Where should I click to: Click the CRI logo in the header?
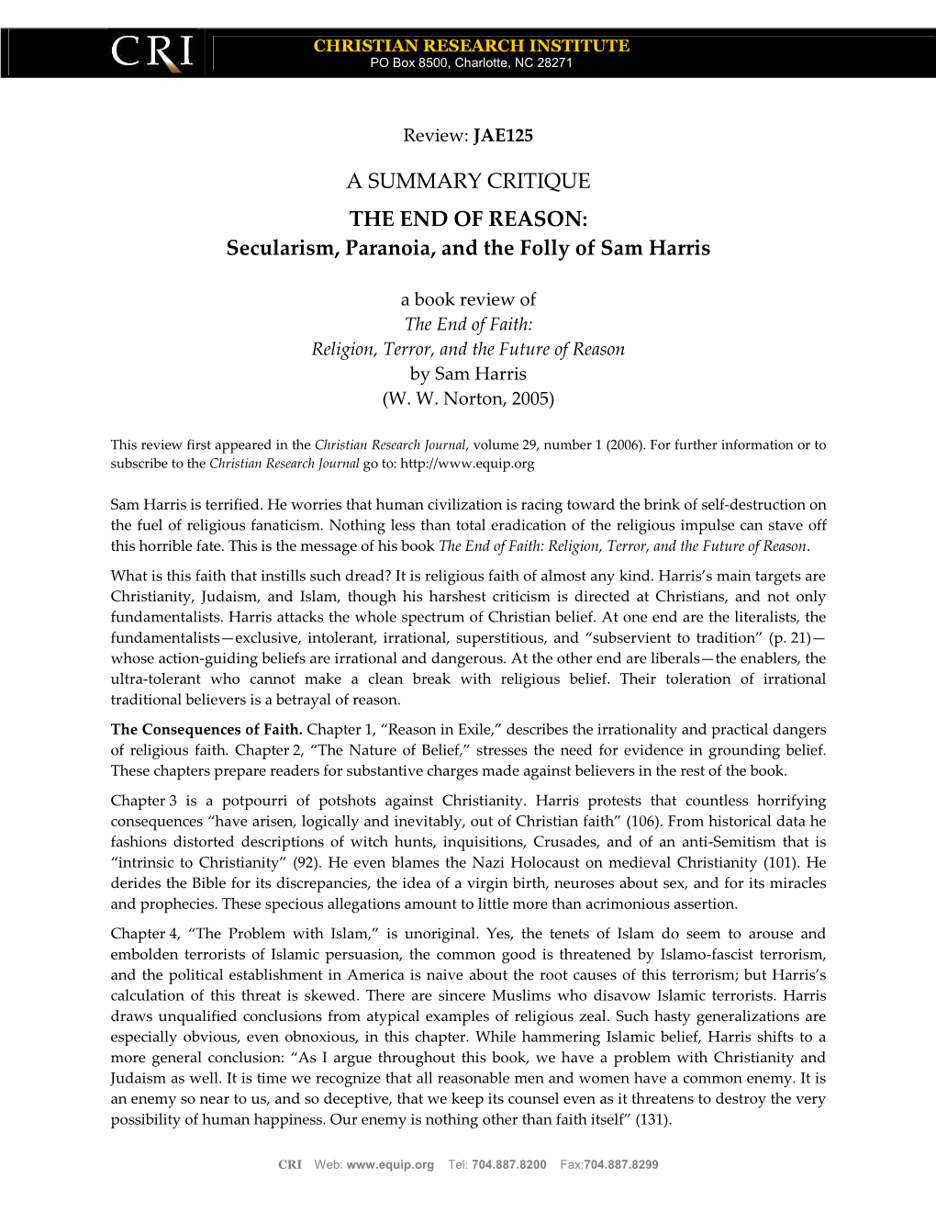click(152, 51)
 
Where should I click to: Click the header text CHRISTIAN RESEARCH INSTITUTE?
click(471, 46)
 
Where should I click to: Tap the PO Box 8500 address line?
click(471, 63)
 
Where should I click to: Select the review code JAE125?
click(503, 136)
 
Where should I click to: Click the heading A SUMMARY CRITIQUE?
click(468, 181)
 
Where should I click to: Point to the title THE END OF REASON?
click(468, 219)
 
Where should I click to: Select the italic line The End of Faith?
click(468, 324)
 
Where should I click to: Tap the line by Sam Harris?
click(468, 374)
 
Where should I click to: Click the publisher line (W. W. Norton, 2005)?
click(468, 398)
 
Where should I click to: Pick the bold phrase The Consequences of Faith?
click(206, 730)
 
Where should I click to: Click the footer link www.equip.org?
click(390, 1164)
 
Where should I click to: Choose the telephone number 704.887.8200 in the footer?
click(508, 1164)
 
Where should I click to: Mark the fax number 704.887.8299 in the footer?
click(621, 1164)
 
